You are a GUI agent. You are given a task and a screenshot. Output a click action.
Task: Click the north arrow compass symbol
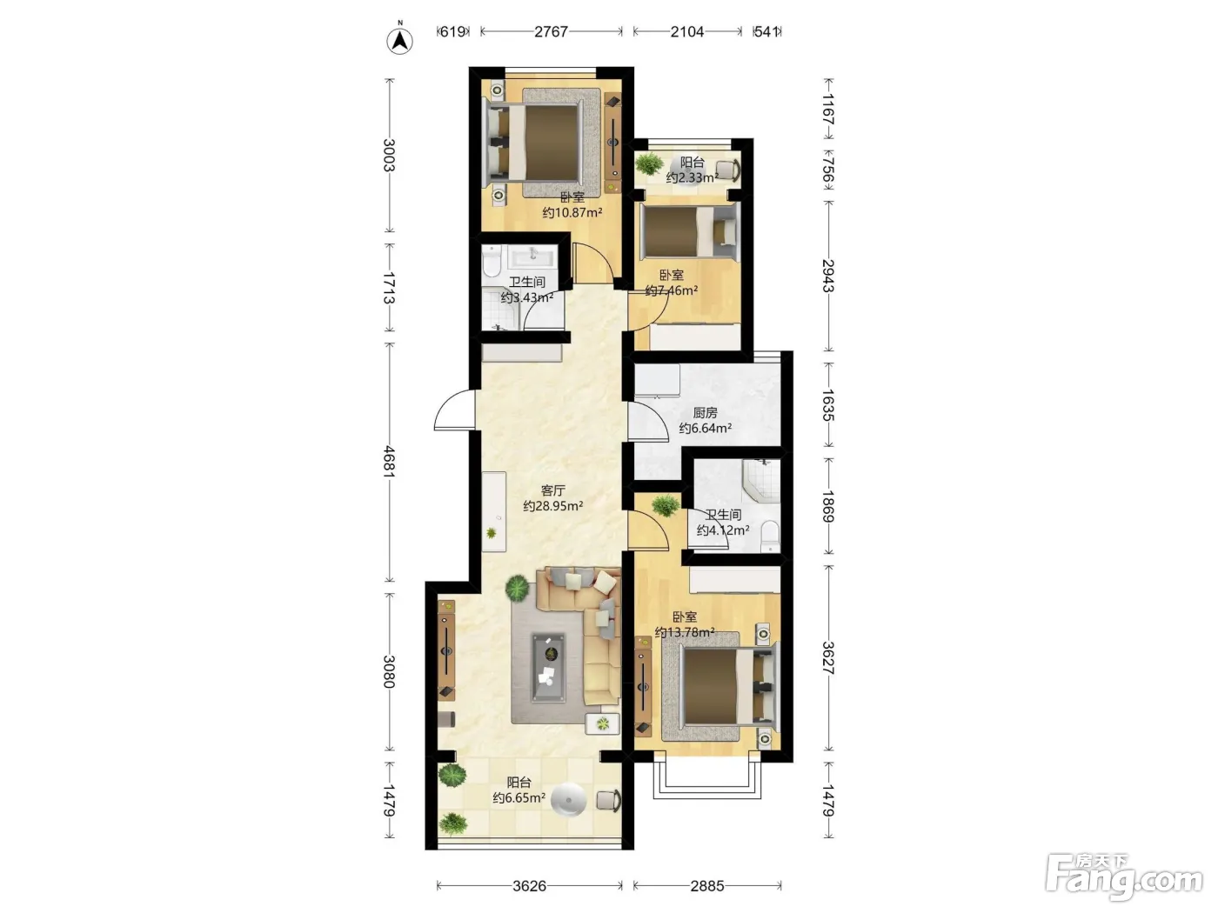[x=399, y=39]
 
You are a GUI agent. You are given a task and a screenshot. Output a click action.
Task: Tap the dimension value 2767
[x=551, y=31]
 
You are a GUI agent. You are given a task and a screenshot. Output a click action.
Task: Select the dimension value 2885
[x=707, y=886]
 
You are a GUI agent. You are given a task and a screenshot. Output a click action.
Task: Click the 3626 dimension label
[x=529, y=886]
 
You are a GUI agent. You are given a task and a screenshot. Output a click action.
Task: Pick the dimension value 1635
[x=828, y=405]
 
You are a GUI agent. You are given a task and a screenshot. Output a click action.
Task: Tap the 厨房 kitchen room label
[x=706, y=412]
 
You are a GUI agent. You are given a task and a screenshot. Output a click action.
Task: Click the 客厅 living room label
[x=552, y=490]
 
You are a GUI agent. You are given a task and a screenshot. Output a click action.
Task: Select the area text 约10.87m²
[x=572, y=212]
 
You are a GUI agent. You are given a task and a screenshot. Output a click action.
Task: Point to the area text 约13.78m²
[x=684, y=632]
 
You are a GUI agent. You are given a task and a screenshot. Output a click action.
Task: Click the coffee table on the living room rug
[x=549, y=668]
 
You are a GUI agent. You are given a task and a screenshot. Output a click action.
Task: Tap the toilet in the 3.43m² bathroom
[x=491, y=262]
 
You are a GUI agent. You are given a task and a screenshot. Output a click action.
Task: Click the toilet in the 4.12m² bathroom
[x=770, y=536]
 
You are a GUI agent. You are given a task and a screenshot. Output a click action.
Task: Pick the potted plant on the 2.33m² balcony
[x=649, y=163]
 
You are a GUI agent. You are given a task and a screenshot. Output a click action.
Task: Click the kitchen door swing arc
[x=647, y=422]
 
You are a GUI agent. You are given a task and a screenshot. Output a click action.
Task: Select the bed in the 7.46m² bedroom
[x=690, y=230]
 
